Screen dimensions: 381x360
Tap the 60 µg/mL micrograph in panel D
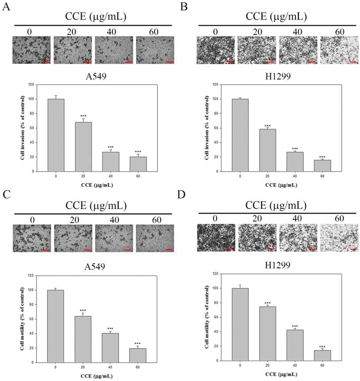339,238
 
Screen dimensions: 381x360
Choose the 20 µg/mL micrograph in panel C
72,238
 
